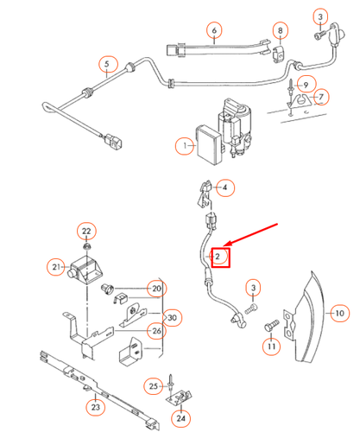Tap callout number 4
click(224, 187)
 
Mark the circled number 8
click(281, 32)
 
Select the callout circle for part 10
click(338, 312)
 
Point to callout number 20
click(155, 289)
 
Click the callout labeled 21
click(56, 268)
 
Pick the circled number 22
click(86, 231)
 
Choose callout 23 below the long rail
click(95, 407)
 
